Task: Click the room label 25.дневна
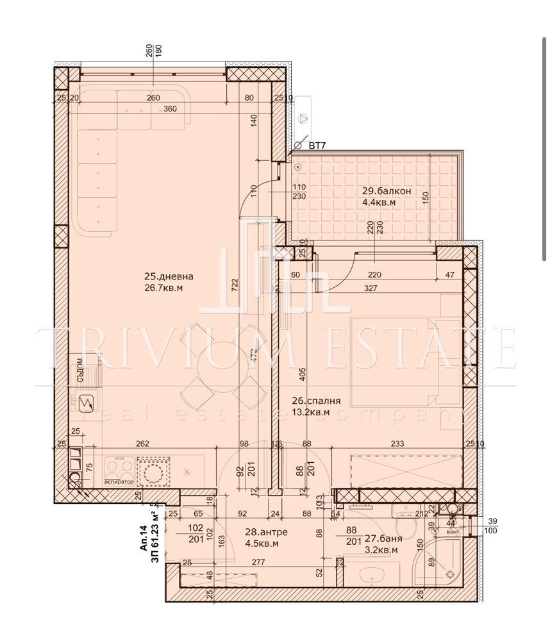tap(169, 277)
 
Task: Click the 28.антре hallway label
tap(265, 532)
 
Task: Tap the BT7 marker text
tap(317, 146)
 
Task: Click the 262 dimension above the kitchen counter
tap(142, 443)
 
